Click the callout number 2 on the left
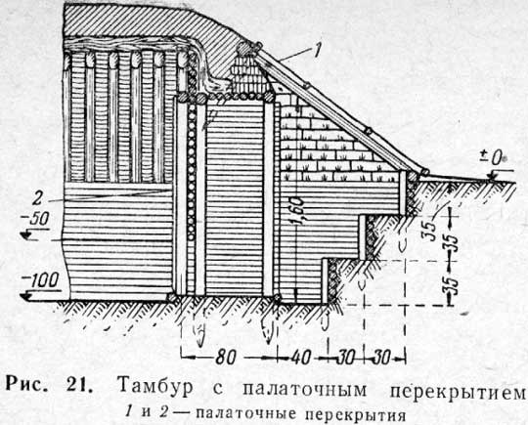coord(37,198)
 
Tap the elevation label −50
coord(35,220)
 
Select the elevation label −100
coord(40,280)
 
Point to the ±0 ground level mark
coord(493,158)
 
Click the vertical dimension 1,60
coord(299,210)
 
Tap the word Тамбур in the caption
coord(155,388)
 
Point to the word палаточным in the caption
coord(304,389)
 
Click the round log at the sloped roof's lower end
coord(425,172)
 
